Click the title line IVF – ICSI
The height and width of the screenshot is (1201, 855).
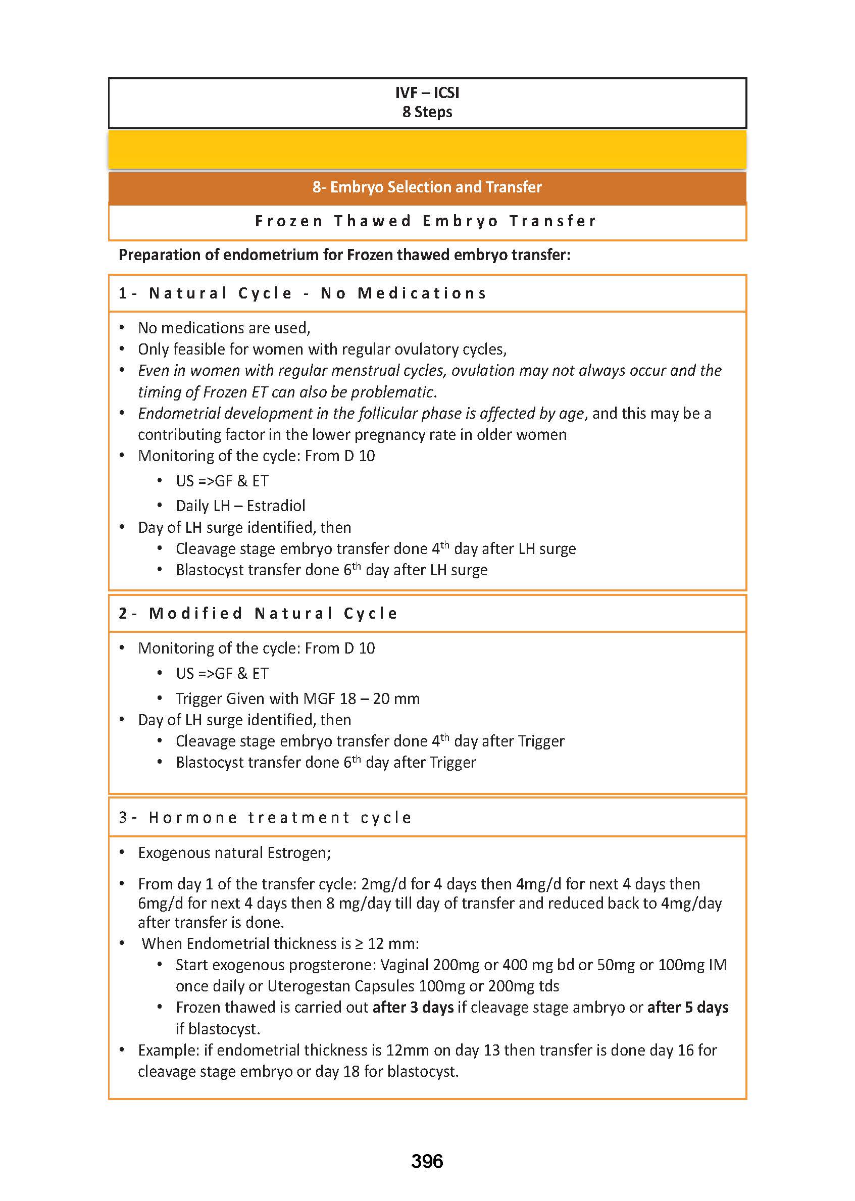pyautogui.click(x=427, y=92)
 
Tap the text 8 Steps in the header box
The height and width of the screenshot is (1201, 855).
pyautogui.click(x=427, y=112)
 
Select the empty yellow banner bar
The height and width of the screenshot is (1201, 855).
pyautogui.click(x=427, y=150)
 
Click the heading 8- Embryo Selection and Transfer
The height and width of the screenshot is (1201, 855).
pyautogui.click(x=427, y=187)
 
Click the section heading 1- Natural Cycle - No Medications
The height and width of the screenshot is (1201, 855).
pyautogui.click(x=302, y=293)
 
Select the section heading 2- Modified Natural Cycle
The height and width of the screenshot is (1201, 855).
pyautogui.click(x=258, y=614)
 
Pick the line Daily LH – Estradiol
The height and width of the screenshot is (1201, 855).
pyautogui.click(x=240, y=506)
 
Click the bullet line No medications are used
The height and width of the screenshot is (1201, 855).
pyautogui.click(x=224, y=328)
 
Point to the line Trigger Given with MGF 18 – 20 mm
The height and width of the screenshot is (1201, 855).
pyautogui.click(x=297, y=698)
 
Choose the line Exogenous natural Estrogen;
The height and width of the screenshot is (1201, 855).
pyautogui.click(x=234, y=853)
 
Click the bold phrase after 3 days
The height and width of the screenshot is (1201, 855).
pyautogui.click(x=413, y=1007)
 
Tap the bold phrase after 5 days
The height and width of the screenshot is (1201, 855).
pyautogui.click(x=687, y=1007)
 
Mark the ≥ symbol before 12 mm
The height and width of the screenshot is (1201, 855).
pyautogui.click(x=359, y=943)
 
